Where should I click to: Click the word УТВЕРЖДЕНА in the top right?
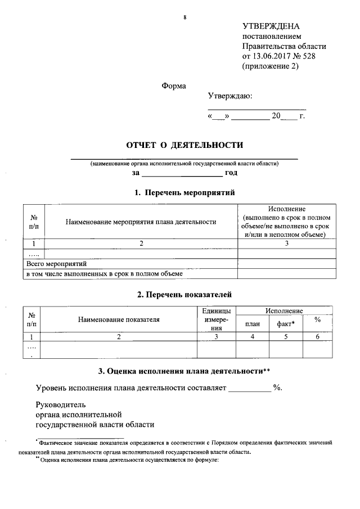tap(271, 26)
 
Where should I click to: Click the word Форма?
tap(173, 86)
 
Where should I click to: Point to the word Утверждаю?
tap(230, 96)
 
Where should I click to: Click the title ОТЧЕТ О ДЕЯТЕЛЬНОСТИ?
tap(184, 145)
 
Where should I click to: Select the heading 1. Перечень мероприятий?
tap(184, 192)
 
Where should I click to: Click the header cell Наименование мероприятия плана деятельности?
tap(141, 222)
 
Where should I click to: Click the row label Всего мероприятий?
tap(56, 263)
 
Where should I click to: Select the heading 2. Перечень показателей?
tap(184, 294)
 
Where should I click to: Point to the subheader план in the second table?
tap(253, 324)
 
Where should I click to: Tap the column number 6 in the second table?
tap(317, 336)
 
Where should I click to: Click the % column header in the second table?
tap(317, 319)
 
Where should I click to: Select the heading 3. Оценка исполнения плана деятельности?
tap(184, 371)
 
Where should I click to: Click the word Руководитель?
tap(60, 404)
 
